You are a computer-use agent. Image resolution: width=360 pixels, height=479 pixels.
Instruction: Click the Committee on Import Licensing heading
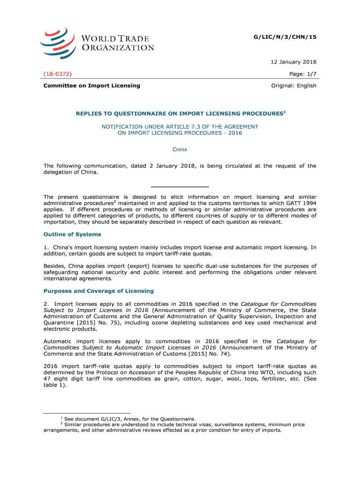92,86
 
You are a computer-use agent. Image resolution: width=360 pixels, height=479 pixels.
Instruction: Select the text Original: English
294,86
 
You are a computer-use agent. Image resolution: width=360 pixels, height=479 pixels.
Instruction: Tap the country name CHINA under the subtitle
180,150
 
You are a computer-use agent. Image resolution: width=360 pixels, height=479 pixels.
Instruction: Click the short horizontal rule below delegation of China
180,187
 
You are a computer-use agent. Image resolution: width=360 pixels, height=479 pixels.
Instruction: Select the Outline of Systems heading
72,234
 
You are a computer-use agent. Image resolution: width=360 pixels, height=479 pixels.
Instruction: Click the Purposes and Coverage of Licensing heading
98,291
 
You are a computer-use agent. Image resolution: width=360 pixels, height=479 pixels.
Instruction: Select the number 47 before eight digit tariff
47,379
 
